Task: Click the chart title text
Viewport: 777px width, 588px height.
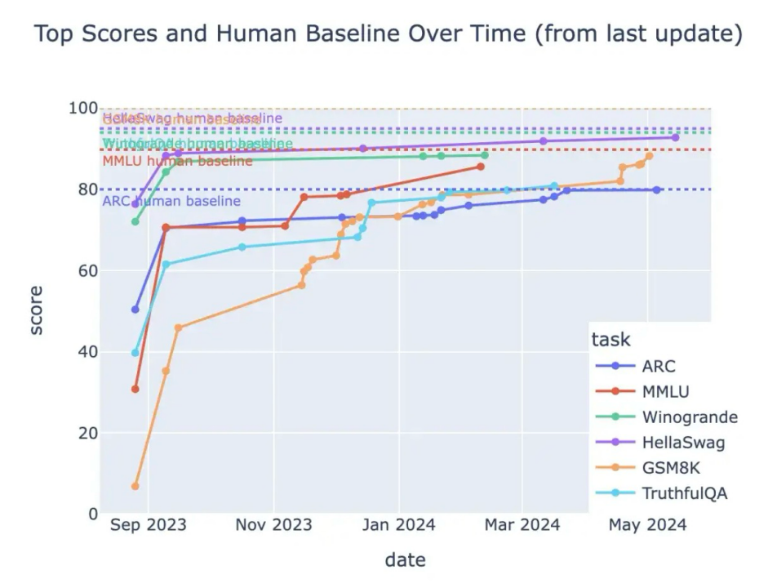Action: [388, 35]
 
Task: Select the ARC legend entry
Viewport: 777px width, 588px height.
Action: [658, 366]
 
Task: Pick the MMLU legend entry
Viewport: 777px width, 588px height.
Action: [664, 392]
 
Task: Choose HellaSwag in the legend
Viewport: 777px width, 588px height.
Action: [682, 443]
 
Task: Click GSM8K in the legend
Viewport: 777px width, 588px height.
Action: [670, 468]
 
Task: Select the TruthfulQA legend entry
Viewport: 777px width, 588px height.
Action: [684, 493]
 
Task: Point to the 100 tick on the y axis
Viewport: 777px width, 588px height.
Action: [82, 109]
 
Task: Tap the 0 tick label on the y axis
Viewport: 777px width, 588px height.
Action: [91, 514]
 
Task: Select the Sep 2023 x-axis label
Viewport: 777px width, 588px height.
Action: [148, 525]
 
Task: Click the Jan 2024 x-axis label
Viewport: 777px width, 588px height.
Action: [398, 525]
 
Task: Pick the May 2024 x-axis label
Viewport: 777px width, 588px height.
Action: [647, 525]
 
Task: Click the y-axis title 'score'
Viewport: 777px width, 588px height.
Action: [37, 310]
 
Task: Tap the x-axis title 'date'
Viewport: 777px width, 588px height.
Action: [405, 560]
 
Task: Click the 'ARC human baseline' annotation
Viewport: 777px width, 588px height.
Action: [171, 201]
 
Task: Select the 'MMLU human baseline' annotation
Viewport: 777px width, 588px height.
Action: [177, 161]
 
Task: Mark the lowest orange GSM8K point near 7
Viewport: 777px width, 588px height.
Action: [135, 486]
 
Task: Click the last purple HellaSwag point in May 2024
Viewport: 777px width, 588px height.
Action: [675, 137]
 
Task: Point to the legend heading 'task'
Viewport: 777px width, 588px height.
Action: [610, 340]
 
